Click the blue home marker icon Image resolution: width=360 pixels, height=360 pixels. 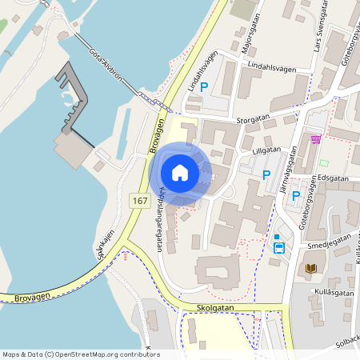point(180,173)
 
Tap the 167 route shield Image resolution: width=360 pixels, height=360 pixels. point(141,201)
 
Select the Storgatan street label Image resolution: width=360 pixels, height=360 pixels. point(254,118)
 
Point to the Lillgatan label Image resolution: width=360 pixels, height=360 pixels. point(266,149)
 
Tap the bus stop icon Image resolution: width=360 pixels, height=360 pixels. point(278,247)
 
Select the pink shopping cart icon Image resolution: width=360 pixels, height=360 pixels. point(316,139)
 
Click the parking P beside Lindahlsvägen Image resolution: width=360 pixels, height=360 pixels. point(204,88)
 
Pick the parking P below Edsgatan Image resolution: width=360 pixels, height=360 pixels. point(296,195)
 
